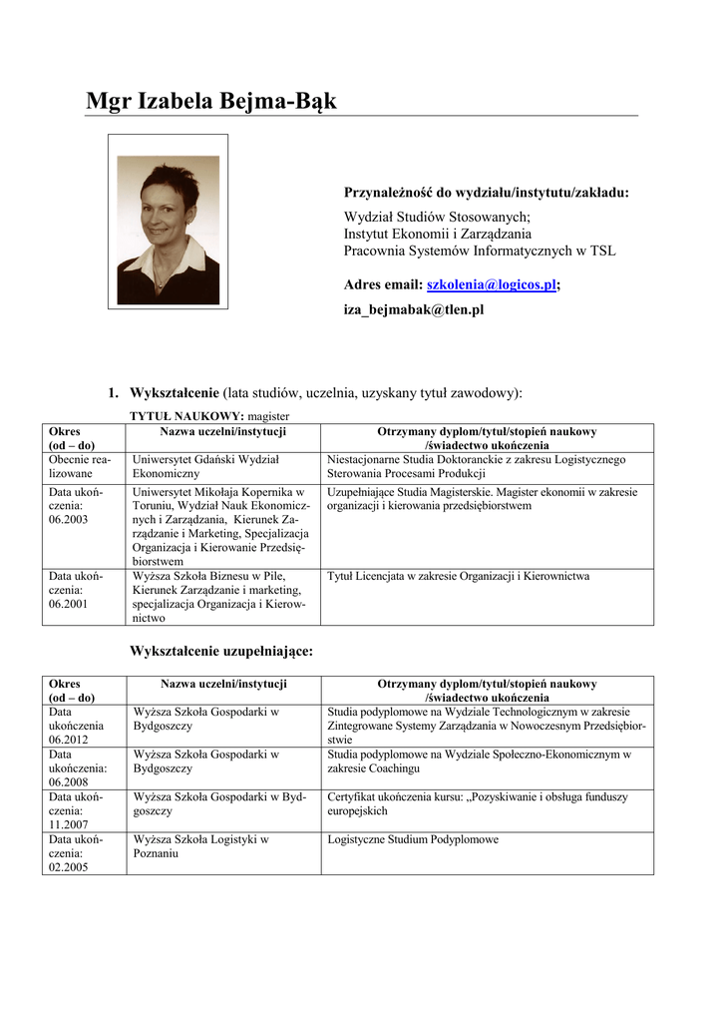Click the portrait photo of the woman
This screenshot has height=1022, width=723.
click(x=168, y=229)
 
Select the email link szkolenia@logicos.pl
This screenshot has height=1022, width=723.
click(x=491, y=285)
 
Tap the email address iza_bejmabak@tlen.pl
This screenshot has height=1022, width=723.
click(x=414, y=310)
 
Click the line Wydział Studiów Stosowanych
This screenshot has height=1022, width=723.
click(x=437, y=217)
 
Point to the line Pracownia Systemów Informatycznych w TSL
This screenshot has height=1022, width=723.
click(x=480, y=251)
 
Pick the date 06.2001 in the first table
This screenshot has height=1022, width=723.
click(x=69, y=605)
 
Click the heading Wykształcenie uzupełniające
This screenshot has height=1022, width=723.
click(x=221, y=651)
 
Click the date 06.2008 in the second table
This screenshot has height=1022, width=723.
click(x=69, y=782)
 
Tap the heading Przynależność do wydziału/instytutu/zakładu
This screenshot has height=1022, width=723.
click(x=487, y=192)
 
